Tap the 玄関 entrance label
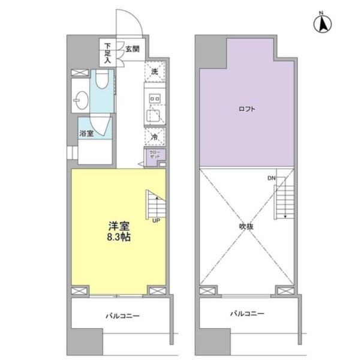133,49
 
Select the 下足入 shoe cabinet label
107,53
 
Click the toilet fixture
102,79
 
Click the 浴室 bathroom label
86,133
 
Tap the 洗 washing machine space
155,71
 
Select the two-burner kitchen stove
155,98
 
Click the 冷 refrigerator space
155,137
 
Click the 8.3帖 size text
119,237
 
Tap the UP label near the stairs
156,221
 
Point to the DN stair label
272,178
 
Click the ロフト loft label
247,109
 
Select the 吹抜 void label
246,227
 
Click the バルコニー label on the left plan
122,316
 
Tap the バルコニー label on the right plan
247,313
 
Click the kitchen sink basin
154,115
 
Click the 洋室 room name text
119,226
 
